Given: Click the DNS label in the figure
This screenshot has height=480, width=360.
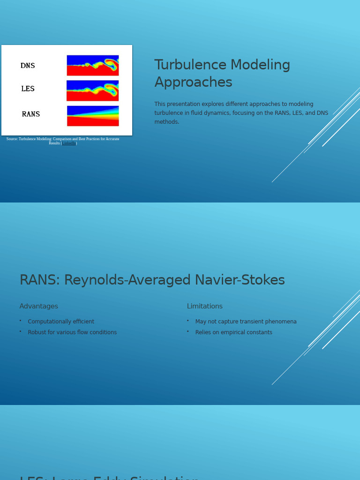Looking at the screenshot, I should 28,66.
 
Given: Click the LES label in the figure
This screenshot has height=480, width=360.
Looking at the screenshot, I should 28,89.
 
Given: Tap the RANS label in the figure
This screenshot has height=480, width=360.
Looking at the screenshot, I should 31,114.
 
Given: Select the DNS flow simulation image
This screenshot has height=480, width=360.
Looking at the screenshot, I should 92,65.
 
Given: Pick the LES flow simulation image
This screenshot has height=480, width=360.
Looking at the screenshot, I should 92,90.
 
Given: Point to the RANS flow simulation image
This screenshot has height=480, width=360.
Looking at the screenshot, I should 92,116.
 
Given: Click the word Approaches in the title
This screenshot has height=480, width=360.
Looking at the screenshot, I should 193,82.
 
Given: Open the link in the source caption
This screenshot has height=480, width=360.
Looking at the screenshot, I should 69,143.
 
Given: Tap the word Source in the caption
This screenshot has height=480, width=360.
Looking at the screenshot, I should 12,139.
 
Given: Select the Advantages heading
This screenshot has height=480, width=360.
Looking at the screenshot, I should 38,307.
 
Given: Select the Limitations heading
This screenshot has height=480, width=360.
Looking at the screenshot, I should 204,307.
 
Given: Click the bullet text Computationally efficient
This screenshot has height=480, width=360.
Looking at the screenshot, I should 61,322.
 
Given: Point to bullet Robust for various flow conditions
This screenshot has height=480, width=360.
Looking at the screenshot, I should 72,333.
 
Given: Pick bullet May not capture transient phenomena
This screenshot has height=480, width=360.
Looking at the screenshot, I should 246,322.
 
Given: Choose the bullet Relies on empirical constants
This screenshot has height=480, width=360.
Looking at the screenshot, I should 233,333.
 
